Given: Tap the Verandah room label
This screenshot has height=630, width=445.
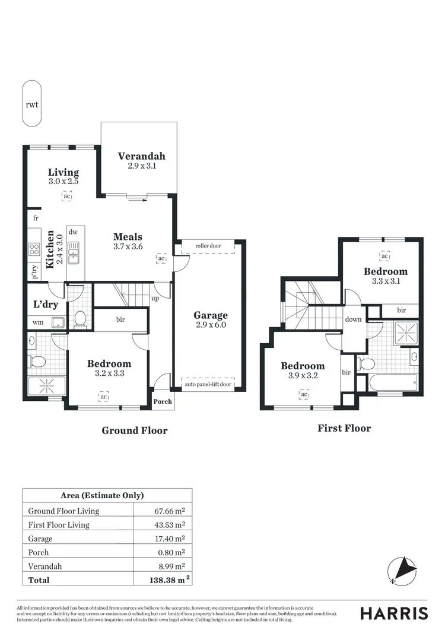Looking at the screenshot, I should click(141, 156).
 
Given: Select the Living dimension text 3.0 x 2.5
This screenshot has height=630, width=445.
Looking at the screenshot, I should click(63, 181).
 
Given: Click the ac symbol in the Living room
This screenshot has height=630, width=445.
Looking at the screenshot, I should click(67, 195).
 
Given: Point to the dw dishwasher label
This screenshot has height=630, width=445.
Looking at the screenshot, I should click(74, 232).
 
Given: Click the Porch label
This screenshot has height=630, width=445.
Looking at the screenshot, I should click(163, 401).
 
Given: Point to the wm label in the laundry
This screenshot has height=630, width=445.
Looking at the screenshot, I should click(38, 322).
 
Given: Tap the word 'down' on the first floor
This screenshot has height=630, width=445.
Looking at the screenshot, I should click(353, 319).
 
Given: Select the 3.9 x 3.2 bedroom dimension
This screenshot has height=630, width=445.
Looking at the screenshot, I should click(303, 376).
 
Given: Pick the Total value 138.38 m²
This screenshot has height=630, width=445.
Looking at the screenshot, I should click(169, 580).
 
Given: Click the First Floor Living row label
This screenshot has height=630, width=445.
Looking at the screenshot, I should click(59, 525).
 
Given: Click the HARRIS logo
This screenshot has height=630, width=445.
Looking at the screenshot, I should click(394, 613).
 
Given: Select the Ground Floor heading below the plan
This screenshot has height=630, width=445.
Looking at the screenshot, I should click(135, 430).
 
